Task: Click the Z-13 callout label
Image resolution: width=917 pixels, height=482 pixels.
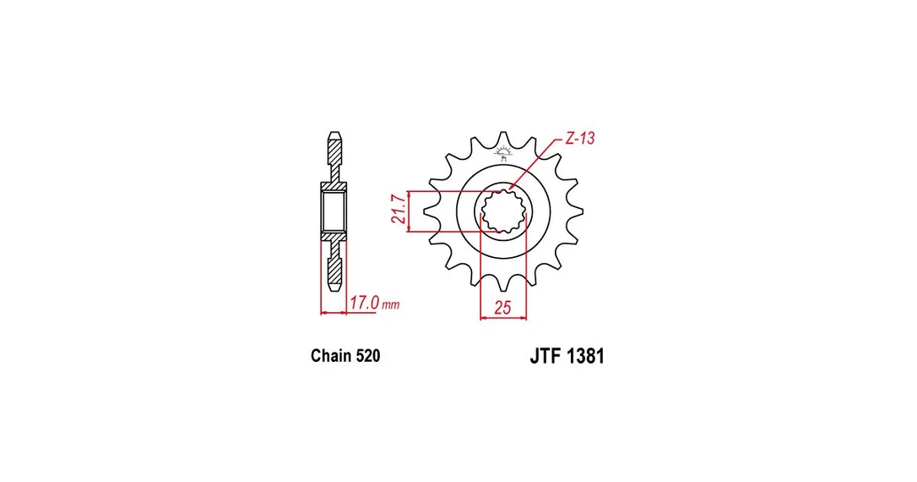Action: click(580, 139)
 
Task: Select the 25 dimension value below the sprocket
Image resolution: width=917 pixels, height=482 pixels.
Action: click(502, 307)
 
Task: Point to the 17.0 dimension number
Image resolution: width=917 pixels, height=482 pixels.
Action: click(365, 303)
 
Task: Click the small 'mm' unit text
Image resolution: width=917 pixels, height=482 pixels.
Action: click(391, 305)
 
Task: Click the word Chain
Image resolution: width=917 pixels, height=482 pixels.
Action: click(331, 356)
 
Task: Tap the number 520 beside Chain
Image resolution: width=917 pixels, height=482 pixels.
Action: click(368, 356)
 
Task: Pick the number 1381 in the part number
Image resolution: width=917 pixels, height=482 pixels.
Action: click(585, 356)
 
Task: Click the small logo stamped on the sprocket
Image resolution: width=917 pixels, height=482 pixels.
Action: click(502, 154)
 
